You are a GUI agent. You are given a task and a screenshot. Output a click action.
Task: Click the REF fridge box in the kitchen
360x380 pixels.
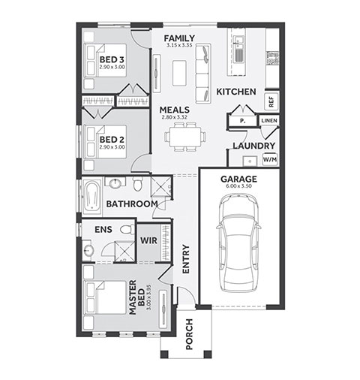(271, 101)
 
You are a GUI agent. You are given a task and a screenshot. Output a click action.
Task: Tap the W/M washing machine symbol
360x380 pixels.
(270, 159)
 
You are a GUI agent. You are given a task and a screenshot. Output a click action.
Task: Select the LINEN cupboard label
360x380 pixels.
(269, 121)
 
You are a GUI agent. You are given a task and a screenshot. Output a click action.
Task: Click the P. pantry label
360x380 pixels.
(242, 121)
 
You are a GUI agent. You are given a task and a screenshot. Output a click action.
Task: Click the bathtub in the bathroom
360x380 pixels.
(91, 197)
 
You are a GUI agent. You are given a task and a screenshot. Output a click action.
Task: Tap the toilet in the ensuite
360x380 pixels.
(127, 229)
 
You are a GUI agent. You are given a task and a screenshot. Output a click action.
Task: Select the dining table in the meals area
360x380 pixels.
(185, 137)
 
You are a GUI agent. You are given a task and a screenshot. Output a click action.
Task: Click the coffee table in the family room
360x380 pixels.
(179, 73)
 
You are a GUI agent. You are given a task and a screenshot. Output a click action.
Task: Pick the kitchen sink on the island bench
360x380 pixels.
(238, 50)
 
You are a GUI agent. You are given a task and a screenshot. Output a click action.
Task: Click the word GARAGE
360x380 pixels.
(238, 179)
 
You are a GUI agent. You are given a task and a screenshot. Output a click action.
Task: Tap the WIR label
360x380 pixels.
(148, 240)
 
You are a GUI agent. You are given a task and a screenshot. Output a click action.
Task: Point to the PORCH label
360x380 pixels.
(190, 334)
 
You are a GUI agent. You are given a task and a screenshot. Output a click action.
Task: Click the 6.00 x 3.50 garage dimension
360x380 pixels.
(238, 186)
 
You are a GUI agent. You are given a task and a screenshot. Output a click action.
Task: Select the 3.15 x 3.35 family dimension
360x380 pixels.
(179, 46)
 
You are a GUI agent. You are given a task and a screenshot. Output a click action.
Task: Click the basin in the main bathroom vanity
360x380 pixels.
(115, 183)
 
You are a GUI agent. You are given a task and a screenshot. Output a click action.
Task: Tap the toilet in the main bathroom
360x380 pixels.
(137, 184)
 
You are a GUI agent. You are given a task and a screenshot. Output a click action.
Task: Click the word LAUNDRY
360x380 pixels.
(254, 146)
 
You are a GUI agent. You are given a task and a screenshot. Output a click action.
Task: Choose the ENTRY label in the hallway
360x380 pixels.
(186, 259)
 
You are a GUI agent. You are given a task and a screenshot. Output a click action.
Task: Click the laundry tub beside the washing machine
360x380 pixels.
(250, 161)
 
